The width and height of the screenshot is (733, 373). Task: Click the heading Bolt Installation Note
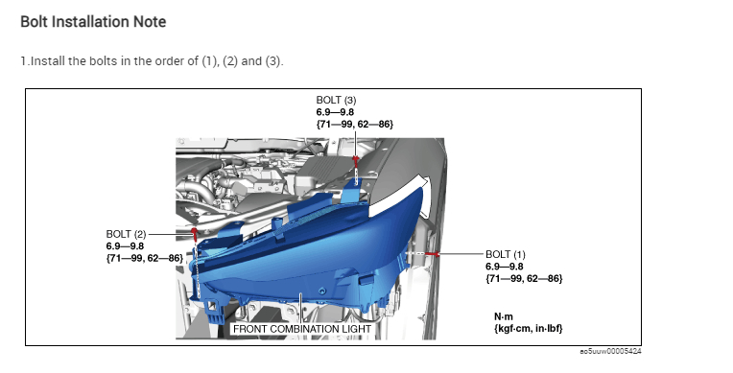(93, 22)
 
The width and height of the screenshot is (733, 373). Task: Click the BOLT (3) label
(336, 100)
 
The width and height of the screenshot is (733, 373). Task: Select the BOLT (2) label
(127, 234)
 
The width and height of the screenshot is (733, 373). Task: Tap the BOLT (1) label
(506, 255)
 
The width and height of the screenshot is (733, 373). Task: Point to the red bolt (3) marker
(356, 161)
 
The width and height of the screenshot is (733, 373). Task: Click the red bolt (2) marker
(194, 232)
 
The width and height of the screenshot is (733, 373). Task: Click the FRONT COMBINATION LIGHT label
(302, 329)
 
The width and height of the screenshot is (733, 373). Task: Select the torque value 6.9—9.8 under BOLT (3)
(335, 112)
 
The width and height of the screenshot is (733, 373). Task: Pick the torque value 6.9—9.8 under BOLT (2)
(125, 246)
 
